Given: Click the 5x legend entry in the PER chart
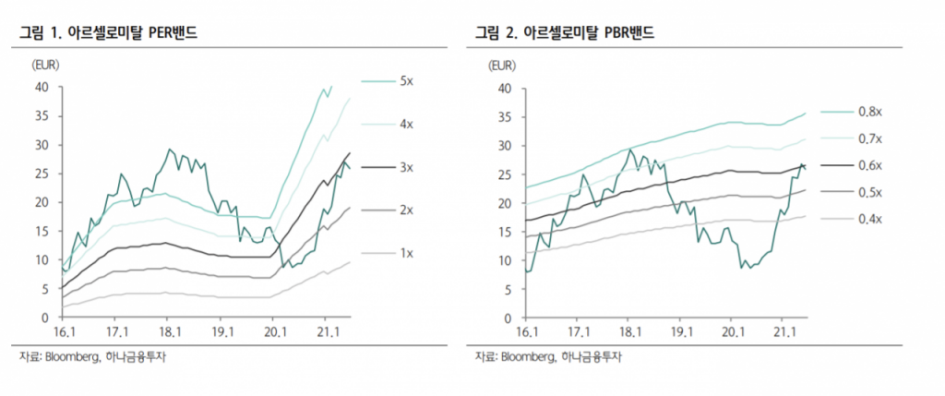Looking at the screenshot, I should (406, 81).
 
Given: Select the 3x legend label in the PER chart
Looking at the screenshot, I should (406, 167).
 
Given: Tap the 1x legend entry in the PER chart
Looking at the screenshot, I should (406, 252).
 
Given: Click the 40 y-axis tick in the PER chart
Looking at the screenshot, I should (42, 88).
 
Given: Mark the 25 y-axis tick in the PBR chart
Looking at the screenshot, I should (504, 174).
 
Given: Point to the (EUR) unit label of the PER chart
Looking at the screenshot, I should (46, 65).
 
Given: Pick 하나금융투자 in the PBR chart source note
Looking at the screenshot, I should (591, 358).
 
